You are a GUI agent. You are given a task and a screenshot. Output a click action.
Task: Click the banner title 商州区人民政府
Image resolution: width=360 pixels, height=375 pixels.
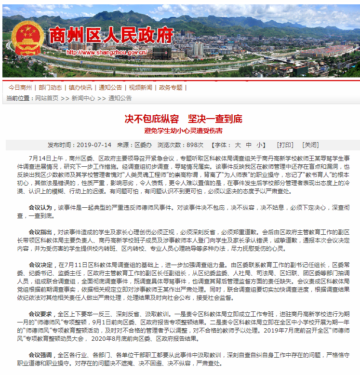click(110, 36)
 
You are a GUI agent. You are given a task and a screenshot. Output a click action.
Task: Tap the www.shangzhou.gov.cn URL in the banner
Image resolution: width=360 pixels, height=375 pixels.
click(107, 52)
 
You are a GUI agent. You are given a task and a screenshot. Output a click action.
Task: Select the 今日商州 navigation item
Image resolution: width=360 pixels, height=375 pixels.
click(20, 88)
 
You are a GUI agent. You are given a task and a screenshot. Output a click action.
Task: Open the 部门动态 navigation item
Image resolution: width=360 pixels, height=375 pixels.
click(50, 88)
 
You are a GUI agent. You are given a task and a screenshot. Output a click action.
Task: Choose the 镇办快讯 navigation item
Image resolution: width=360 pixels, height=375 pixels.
click(80, 88)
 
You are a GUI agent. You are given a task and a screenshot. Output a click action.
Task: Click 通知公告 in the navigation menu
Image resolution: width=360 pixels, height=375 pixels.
click(110, 88)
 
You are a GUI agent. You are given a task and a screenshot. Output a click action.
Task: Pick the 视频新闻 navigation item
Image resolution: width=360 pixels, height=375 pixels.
click(140, 88)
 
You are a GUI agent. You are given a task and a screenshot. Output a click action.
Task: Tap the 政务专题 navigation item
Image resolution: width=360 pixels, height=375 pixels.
click(171, 88)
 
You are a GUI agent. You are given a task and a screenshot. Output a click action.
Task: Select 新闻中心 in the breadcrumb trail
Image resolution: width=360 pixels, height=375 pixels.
click(83, 98)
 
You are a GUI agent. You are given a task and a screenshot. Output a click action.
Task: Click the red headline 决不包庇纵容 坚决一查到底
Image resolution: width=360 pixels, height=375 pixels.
click(183, 119)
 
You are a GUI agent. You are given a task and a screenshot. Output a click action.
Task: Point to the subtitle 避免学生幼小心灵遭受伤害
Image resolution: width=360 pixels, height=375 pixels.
click(183, 131)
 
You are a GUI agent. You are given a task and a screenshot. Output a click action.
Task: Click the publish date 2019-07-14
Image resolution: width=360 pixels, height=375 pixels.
click(94, 145)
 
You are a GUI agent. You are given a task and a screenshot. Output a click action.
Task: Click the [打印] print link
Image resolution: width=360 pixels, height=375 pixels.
click(285, 145)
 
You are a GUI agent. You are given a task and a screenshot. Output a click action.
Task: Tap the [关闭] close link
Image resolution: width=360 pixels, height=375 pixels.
click(310, 145)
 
